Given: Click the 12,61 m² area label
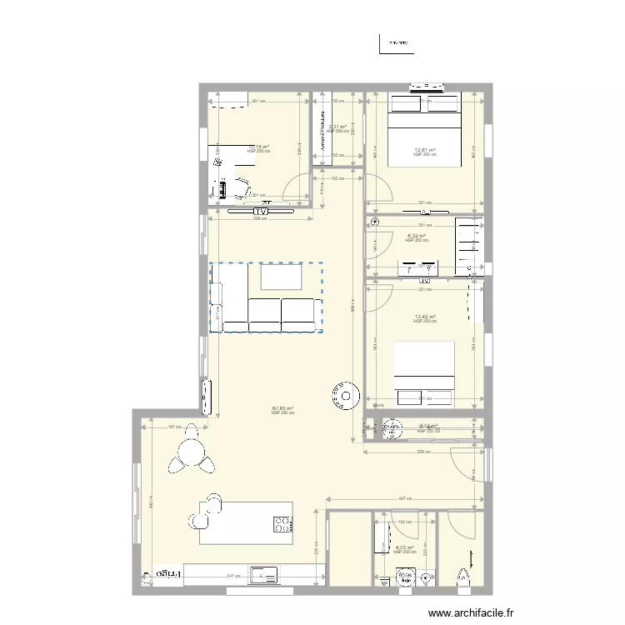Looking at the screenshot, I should tap(425, 150).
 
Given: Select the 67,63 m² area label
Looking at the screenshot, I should tap(283, 408).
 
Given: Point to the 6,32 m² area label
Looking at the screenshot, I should tap(417, 236).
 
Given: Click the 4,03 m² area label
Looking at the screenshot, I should tap(404, 547).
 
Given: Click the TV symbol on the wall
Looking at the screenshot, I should tap(261, 212).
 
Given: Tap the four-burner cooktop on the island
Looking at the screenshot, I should tap(282, 524).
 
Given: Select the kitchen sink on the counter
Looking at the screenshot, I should tap(265, 574).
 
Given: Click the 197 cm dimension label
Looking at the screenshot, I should tap(175, 427).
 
